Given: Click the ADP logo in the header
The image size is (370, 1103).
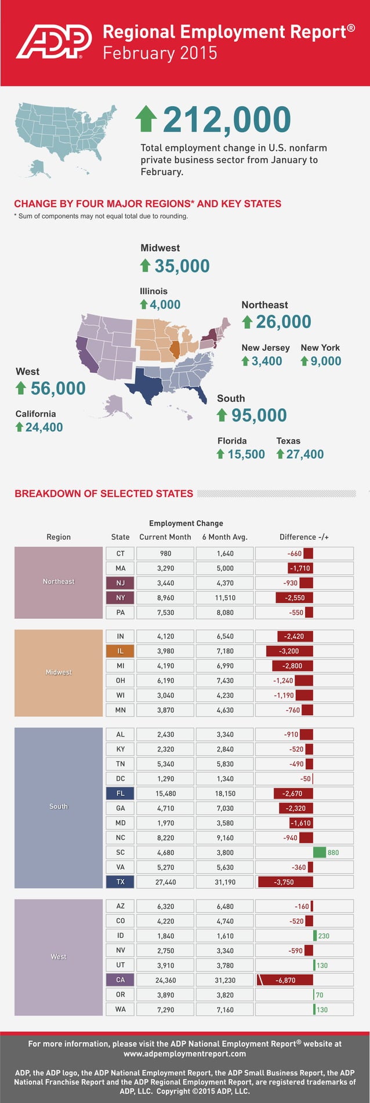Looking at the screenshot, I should (x=53, y=41).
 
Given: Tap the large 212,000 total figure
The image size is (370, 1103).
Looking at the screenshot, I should (x=227, y=120).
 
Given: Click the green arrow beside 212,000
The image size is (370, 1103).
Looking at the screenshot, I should (x=146, y=118).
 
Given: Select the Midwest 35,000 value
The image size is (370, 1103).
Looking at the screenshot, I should (x=182, y=266).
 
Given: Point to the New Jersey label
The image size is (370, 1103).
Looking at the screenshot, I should (x=265, y=347).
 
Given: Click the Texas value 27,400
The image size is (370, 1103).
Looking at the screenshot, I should (x=304, y=454).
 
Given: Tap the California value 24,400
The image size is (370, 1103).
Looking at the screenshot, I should (x=43, y=427).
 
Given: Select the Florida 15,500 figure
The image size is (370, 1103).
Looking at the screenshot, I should (x=246, y=454).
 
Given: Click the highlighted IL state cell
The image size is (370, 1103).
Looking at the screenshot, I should (x=120, y=651).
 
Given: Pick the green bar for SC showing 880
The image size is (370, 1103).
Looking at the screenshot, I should (x=319, y=852).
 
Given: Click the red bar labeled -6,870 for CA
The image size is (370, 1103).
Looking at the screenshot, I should (x=285, y=980).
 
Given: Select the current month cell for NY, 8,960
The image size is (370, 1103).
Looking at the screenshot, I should (x=165, y=598).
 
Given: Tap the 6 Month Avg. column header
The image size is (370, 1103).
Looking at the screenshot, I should (x=224, y=537).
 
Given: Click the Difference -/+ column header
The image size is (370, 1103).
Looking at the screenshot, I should (x=304, y=537).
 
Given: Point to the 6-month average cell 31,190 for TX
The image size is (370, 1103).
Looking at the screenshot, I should (x=224, y=882).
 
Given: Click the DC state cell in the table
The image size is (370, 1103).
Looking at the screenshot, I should (x=120, y=779).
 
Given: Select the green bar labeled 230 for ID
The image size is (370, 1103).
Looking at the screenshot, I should (x=315, y=936).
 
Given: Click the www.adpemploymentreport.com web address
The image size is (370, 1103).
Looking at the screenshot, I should (x=184, y=1054).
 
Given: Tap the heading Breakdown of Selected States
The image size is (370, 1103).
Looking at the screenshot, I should (x=104, y=494).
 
